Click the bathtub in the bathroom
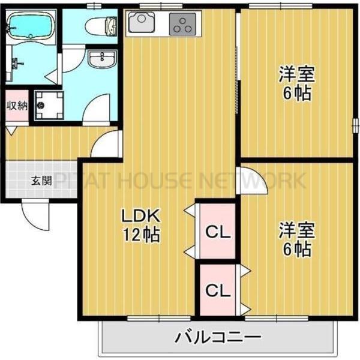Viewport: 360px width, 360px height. (x=31, y=26)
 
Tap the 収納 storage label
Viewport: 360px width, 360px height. (x=17, y=106)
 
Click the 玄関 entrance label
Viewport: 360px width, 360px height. (x=41, y=179)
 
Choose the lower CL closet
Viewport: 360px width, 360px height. (x=218, y=290)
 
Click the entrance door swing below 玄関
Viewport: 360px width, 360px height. (x=36, y=213)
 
